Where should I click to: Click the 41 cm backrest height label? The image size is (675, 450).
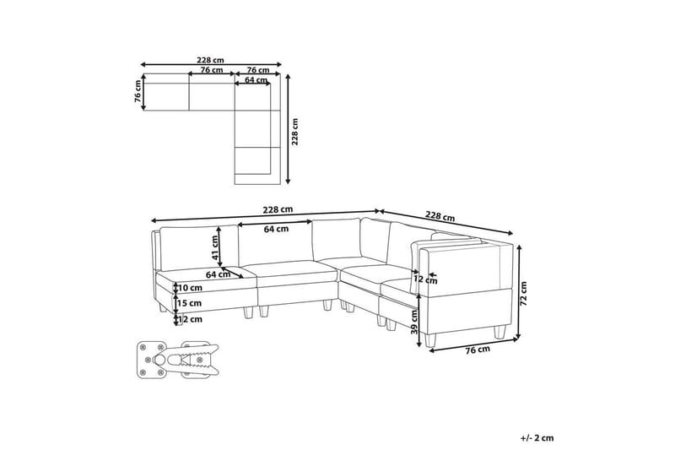214,247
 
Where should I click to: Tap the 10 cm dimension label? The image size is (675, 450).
190,288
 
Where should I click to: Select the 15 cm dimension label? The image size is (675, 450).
190,303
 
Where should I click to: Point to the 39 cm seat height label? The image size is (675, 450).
414,323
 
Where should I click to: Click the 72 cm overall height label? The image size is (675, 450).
523,294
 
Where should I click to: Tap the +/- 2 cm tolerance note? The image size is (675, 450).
537,438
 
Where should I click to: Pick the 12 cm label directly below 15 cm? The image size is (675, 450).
190,319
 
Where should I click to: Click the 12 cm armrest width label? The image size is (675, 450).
425,280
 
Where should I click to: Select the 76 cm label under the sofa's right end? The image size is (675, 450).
478,350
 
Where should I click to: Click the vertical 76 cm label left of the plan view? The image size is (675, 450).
138,91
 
